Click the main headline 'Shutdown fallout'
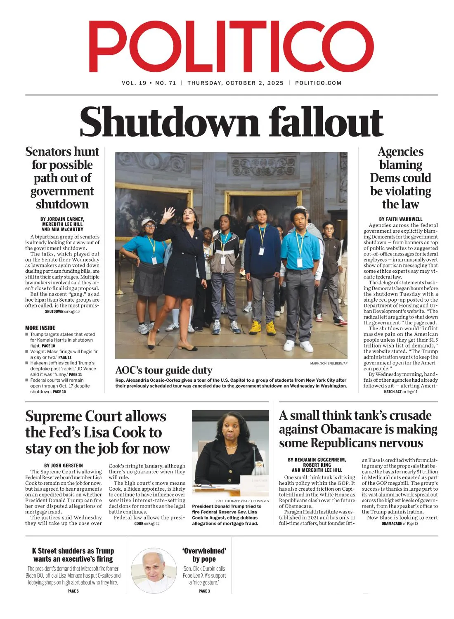(231, 121)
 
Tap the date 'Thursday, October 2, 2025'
(235, 83)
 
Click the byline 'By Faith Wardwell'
(400, 219)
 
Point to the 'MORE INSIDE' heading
(40, 328)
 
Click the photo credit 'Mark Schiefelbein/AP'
(329, 363)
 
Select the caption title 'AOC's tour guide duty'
(164, 370)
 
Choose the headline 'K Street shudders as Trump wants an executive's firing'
(73, 555)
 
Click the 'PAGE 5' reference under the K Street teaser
(73, 591)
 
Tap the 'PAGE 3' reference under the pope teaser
(204, 591)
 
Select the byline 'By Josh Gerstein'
(64, 465)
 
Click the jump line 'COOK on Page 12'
(147, 524)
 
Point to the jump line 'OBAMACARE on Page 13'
(400, 524)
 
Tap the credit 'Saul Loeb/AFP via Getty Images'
(242, 501)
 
